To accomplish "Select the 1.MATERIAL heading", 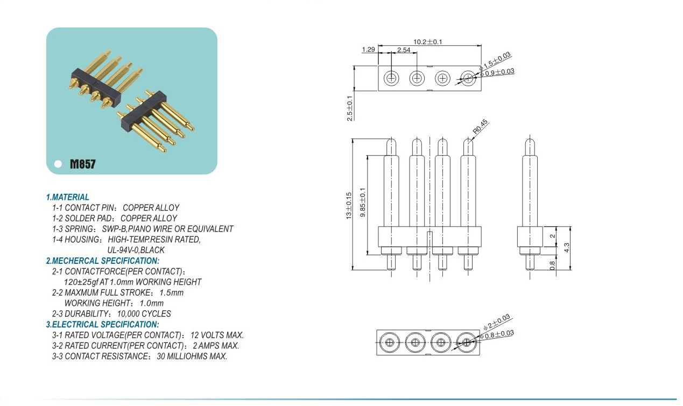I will click(68, 198).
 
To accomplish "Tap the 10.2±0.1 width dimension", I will click(428, 42).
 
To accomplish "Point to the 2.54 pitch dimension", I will click(404, 50).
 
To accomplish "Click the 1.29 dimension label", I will click(368, 50).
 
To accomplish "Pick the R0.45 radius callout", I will click(480, 127).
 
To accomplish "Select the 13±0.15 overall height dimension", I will click(348, 205).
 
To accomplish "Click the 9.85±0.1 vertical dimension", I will click(363, 202).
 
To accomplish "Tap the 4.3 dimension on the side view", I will click(566, 248).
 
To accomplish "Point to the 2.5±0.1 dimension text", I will click(349, 108).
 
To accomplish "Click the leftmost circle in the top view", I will click(391, 79).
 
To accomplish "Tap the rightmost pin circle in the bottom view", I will click(466, 342).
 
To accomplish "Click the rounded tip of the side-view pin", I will click(530, 143).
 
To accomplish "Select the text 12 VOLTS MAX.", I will click(217, 335).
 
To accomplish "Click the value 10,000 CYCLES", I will click(144, 313).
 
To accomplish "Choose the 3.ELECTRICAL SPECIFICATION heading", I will click(102, 324).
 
